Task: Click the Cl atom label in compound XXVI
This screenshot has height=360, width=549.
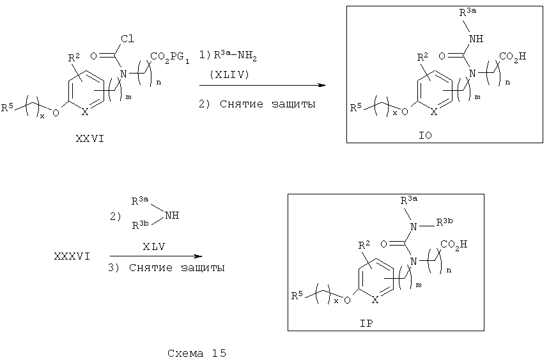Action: tap(127, 38)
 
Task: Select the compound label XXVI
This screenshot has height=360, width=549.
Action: tap(90, 139)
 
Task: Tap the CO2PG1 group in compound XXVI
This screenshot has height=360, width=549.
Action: tap(170, 57)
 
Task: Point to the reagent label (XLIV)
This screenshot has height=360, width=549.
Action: tap(229, 75)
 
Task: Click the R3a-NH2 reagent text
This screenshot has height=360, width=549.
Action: tap(235, 56)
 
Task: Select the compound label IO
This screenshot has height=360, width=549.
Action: tap(426, 135)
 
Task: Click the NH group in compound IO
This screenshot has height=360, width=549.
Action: tap(476, 38)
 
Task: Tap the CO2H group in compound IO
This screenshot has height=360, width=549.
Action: tap(513, 57)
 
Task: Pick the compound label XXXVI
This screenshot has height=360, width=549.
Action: tap(72, 256)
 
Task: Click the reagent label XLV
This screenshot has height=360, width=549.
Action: tap(153, 247)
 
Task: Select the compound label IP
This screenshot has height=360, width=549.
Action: tap(367, 323)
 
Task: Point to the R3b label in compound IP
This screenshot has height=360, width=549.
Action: tap(444, 222)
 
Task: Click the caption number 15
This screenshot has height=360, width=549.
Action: tap(219, 353)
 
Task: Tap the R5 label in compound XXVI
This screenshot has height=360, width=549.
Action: tap(7, 107)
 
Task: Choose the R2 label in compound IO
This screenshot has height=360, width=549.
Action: tap(423, 57)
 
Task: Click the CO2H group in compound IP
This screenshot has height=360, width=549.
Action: tap(454, 244)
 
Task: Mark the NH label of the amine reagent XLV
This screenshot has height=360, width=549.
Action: tap(172, 215)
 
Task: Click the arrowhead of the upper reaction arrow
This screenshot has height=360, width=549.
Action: tap(322, 85)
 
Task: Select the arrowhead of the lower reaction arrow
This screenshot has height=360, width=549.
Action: tap(199, 256)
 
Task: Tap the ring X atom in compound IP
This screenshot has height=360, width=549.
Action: tap(375, 300)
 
